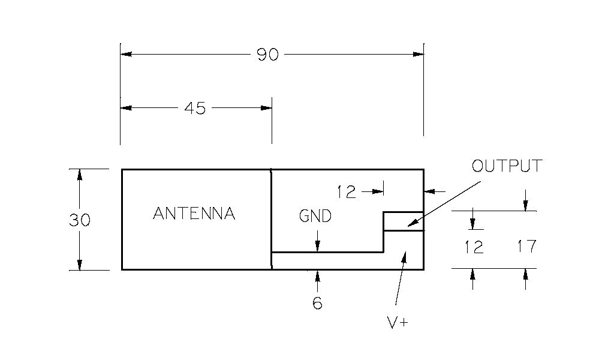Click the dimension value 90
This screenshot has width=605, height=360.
coord(268,55)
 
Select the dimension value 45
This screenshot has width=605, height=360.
coord(195,109)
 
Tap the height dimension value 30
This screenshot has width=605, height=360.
coord(79,220)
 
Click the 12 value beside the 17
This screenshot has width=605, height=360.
coord(474,247)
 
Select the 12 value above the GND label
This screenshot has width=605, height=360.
coord(347,192)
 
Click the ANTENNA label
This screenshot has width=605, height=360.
coord(194,214)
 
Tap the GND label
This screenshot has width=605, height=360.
coord(315,216)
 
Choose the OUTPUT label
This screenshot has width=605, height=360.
coord(507,166)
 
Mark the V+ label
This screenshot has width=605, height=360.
coord(397,323)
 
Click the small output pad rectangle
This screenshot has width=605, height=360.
coord(404,221)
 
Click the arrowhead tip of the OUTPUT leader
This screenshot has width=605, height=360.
coord(407,226)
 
